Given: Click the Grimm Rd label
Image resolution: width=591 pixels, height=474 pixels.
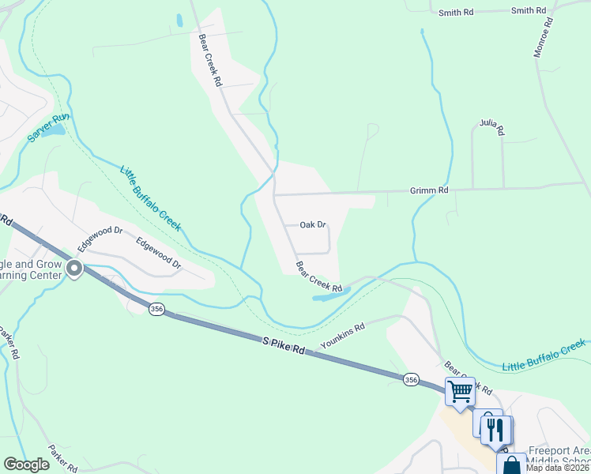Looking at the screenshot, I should click(429, 190).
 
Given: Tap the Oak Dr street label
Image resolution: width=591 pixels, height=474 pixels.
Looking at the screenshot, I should click(313, 224).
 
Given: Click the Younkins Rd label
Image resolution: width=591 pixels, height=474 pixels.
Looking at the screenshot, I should click(342, 337).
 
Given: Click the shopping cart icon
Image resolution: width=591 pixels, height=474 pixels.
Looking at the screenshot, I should click(460, 390).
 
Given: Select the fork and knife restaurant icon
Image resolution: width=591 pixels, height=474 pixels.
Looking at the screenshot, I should click(495, 430).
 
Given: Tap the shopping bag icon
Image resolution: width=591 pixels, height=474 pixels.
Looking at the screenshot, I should click(511, 465).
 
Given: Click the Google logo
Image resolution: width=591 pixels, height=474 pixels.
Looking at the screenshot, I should click(26, 465).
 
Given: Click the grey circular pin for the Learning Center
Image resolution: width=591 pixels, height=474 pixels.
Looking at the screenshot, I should click(75, 269).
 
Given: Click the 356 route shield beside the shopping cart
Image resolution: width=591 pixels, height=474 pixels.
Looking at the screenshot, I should click(410, 379).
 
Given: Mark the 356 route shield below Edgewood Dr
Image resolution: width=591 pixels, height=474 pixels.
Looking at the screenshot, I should click(156, 310).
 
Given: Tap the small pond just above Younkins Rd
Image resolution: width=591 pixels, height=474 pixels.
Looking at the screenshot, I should click(332, 295).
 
